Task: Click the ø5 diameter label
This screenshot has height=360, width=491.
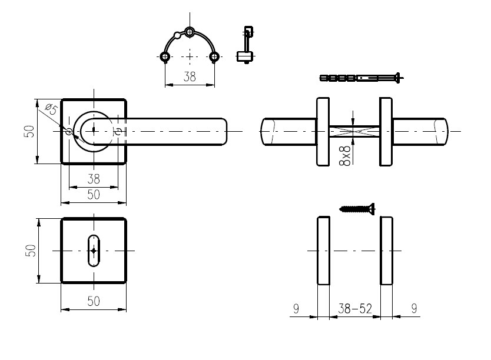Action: [52, 109]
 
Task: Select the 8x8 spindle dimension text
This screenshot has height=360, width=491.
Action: [345, 155]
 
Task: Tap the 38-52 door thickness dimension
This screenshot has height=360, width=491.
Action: [355, 309]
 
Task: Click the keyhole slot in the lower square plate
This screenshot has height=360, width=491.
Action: [94, 251]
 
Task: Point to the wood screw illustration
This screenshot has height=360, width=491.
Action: [357, 209]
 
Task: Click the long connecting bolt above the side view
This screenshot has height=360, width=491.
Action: [361, 78]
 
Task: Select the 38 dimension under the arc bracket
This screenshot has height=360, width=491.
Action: [190, 76]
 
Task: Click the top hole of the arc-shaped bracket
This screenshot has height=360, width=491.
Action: [190, 32]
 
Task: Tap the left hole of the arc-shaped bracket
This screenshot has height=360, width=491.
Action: [165, 57]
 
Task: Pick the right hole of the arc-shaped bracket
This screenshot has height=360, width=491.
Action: [214, 57]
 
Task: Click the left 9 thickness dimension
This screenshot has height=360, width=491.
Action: [296, 309]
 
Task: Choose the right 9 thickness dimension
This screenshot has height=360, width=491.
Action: [414, 309]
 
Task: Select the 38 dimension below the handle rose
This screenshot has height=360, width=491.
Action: [94, 179]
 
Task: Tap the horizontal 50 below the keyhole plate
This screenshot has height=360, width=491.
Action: [94, 302]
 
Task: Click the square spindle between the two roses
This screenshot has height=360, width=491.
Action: [354, 131]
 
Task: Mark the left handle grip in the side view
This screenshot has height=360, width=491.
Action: [288, 131]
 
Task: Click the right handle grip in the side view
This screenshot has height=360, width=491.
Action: [420, 131]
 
